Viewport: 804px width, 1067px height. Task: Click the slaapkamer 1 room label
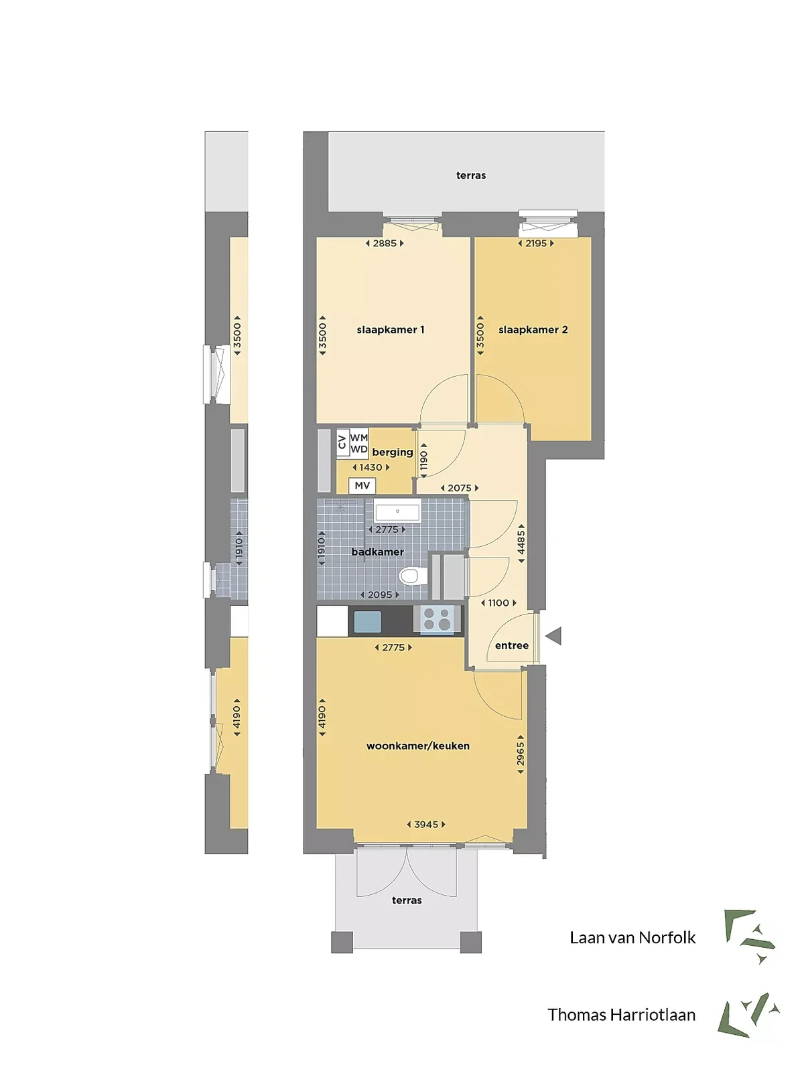pyautogui.click(x=390, y=329)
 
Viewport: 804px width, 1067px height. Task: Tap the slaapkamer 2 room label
pyautogui.click(x=533, y=329)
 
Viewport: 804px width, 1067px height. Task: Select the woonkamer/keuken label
pyautogui.click(x=417, y=746)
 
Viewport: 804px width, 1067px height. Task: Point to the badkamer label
pyautogui.click(x=377, y=552)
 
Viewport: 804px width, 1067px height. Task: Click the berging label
pyautogui.click(x=393, y=452)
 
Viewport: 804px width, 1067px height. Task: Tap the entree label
pyautogui.click(x=511, y=645)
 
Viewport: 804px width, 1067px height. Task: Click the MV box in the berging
pyautogui.click(x=362, y=485)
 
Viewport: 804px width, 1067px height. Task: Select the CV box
pyautogui.click(x=342, y=442)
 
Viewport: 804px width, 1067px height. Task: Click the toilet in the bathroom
pyautogui.click(x=412, y=576)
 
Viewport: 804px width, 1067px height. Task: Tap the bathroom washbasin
pyautogui.click(x=397, y=512)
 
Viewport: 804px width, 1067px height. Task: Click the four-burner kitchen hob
pyautogui.click(x=437, y=619)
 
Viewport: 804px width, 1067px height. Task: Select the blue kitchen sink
pyautogui.click(x=367, y=621)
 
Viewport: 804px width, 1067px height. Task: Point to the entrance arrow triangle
pyautogui.click(x=554, y=636)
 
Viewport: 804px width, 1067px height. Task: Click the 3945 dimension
pyautogui.click(x=426, y=824)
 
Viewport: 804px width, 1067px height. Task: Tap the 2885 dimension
pyautogui.click(x=385, y=243)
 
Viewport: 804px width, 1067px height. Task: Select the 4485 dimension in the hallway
pyautogui.click(x=521, y=544)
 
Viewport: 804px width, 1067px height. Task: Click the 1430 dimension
pyautogui.click(x=371, y=467)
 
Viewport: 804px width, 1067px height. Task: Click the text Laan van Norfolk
pyautogui.click(x=632, y=937)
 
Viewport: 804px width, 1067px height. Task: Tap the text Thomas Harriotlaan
pyautogui.click(x=621, y=1015)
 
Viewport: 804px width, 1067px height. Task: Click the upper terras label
pyautogui.click(x=471, y=175)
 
